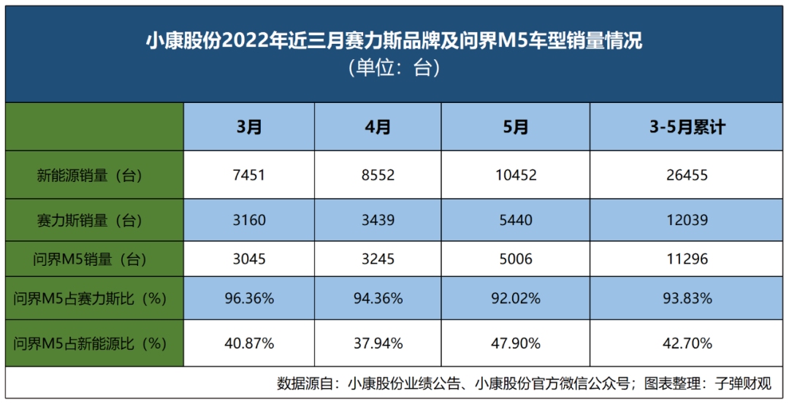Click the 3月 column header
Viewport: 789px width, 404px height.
click(x=249, y=127)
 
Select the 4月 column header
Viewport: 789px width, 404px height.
click(x=378, y=127)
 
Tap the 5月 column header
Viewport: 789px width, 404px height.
click(x=516, y=127)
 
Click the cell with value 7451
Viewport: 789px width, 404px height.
click(x=249, y=175)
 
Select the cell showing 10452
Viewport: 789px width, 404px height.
click(x=516, y=175)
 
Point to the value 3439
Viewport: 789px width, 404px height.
click(x=378, y=220)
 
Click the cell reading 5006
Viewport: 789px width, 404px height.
click(x=516, y=259)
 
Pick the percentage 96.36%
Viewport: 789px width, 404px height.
click(x=249, y=298)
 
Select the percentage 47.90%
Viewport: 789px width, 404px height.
click(x=516, y=343)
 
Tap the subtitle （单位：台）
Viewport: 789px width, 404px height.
click(x=394, y=68)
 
